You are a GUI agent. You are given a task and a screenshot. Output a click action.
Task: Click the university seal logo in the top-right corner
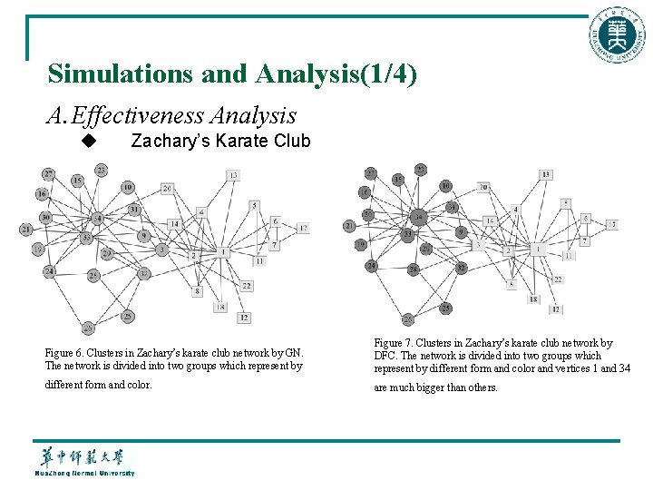coord(619,35)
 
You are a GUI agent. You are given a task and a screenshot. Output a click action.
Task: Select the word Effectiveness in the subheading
coord(138,116)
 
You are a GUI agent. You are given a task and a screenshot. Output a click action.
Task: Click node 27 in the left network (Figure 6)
coord(48,173)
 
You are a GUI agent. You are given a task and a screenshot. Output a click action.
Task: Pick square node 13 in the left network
coord(233,175)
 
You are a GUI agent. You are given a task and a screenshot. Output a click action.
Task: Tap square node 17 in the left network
coord(302,228)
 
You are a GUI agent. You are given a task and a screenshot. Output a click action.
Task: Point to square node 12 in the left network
coord(244,318)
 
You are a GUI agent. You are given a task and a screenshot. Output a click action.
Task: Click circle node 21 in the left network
coord(25,230)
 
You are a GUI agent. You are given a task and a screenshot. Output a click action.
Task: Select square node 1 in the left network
coord(222,251)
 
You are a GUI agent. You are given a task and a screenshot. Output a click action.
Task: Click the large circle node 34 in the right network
coord(418,217)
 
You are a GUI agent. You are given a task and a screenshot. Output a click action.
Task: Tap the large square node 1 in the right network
coord(538,247)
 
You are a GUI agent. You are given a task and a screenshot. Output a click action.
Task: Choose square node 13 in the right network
coord(545,174)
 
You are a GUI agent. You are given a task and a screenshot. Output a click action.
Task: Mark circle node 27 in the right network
coord(370,172)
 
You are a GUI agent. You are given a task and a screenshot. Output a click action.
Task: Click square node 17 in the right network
coord(612,224)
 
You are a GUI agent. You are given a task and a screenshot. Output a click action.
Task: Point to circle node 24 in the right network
coord(372,266)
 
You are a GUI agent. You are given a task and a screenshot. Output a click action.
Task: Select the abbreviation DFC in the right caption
coord(385,356)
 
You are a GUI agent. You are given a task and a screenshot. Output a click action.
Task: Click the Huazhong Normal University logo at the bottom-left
coord(84,460)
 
